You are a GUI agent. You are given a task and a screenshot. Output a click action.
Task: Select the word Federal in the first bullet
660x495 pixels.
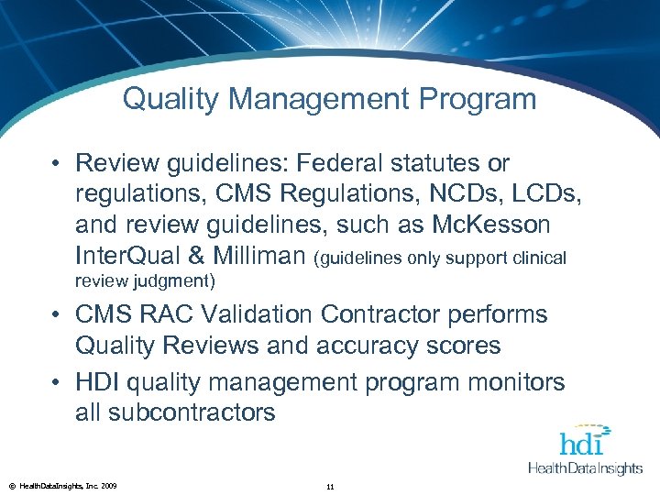(x=365, y=163)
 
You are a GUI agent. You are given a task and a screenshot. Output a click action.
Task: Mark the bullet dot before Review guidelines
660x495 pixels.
(x=58, y=164)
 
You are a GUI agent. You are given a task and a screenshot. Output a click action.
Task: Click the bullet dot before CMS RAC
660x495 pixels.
(x=58, y=315)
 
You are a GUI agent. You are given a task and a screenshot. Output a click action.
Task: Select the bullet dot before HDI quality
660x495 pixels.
(x=58, y=381)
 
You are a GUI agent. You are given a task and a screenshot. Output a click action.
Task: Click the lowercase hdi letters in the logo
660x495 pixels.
(x=583, y=443)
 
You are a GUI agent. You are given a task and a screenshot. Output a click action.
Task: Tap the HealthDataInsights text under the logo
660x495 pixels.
(x=586, y=468)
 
